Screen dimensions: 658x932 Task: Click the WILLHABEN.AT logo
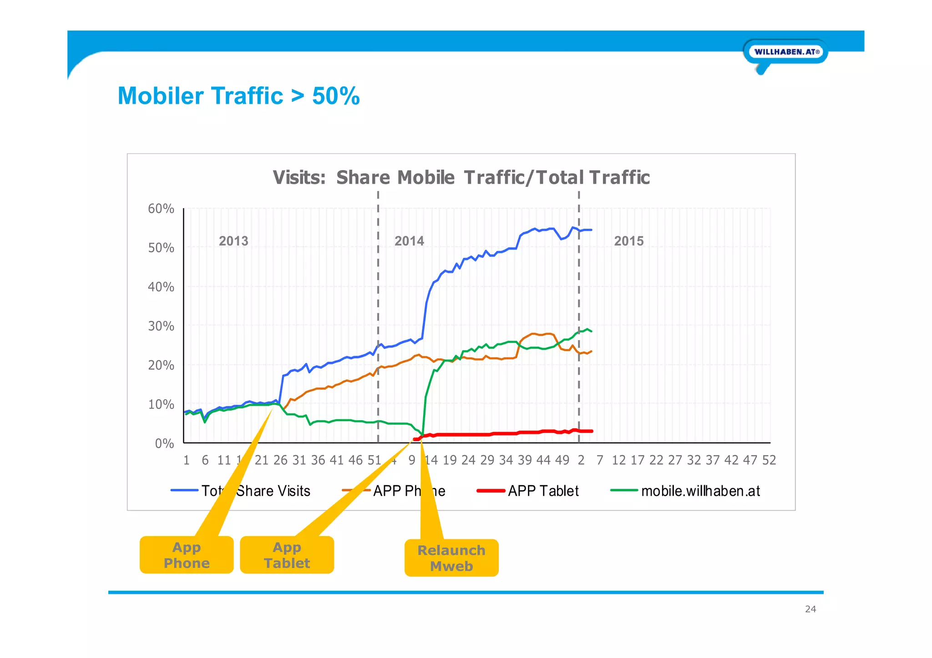pyautogui.click(x=786, y=52)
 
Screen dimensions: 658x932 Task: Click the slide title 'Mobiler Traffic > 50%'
pyautogui.click(x=238, y=96)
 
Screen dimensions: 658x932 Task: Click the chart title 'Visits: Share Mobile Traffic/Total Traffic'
pyautogui.click(x=461, y=177)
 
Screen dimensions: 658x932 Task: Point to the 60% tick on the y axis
pyautogui.click(x=161, y=209)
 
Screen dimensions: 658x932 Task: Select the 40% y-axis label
pyautogui.click(x=161, y=287)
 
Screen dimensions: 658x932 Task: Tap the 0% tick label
pyautogui.click(x=164, y=443)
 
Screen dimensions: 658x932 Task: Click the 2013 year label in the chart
pyautogui.click(x=233, y=241)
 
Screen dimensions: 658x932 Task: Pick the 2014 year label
pyautogui.click(x=409, y=241)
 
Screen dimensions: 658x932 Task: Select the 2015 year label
pyautogui.click(x=629, y=241)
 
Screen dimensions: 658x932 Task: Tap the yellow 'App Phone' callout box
pyautogui.click(x=187, y=555)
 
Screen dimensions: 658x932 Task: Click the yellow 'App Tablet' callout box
pyautogui.click(x=287, y=555)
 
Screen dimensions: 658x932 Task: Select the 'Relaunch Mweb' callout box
pyautogui.click(x=451, y=558)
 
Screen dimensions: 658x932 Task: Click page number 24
pyautogui.click(x=810, y=609)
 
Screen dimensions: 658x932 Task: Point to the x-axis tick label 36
pyautogui.click(x=318, y=460)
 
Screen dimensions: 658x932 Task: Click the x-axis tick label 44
pyautogui.click(x=543, y=460)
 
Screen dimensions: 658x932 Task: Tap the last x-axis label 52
pyautogui.click(x=769, y=460)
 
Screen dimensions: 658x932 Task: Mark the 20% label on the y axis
pyautogui.click(x=161, y=365)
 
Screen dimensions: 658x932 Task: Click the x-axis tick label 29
pyautogui.click(x=487, y=460)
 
